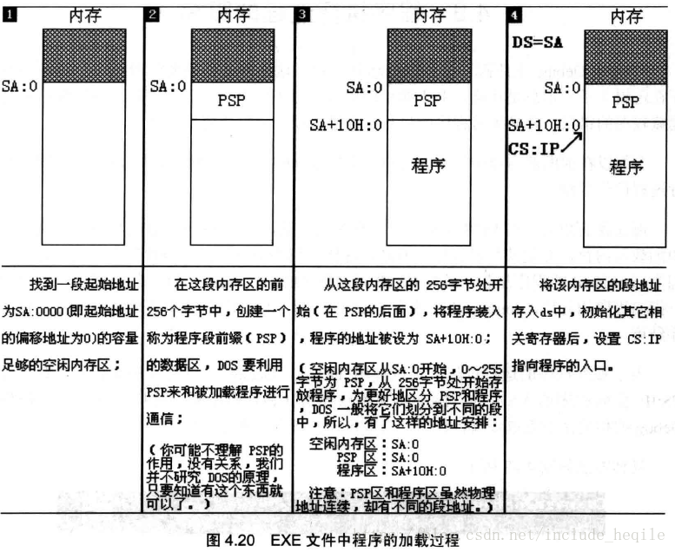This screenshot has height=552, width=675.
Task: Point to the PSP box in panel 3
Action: [427, 101]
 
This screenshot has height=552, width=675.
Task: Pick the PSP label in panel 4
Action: [625, 102]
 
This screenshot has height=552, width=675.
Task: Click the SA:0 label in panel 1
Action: [21, 86]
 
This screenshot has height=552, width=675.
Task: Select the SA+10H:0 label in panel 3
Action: [345, 125]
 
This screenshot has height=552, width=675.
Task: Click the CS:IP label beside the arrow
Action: [533, 148]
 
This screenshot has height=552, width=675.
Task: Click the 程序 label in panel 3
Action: [427, 165]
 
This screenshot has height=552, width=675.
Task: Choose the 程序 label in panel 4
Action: [625, 168]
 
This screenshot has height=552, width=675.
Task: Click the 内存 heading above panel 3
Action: [428, 15]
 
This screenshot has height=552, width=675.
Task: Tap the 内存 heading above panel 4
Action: [626, 15]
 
